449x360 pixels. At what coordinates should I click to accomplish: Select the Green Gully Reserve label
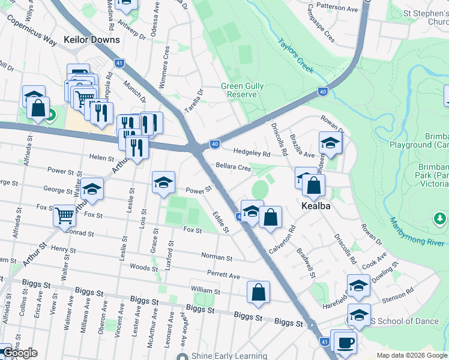tap(243, 91)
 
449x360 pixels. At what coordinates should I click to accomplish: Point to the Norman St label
tap(217, 257)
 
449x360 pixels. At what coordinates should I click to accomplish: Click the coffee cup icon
tap(346, 342)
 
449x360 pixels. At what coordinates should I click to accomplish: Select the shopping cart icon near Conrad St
tap(64, 214)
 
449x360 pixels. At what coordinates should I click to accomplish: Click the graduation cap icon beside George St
tap(92, 189)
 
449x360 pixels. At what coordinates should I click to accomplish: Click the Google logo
tap(20, 353)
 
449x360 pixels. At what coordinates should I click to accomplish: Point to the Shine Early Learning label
tap(234, 356)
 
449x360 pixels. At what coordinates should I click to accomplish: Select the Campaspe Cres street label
tap(321, 23)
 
